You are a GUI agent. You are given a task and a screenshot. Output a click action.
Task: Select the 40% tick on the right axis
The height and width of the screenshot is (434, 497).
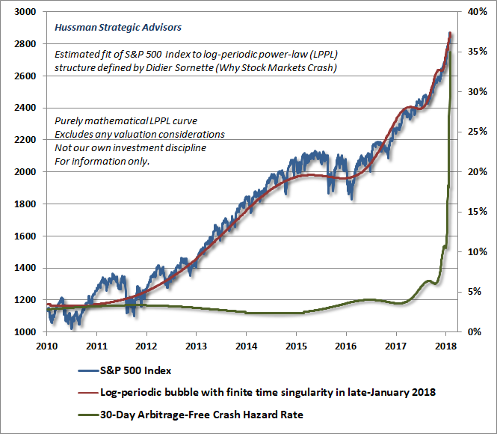click(478, 13)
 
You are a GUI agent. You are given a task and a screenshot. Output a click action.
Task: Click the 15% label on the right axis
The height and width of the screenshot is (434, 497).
click(478, 212)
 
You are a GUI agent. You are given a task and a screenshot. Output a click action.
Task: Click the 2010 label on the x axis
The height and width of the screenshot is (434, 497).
click(47, 346)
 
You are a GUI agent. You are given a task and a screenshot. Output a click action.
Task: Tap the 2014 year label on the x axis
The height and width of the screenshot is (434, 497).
click(246, 346)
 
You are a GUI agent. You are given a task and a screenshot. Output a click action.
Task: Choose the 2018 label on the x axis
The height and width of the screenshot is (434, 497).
click(446, 346)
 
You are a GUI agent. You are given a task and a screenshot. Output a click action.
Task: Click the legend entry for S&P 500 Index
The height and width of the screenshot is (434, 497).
click(139, 370)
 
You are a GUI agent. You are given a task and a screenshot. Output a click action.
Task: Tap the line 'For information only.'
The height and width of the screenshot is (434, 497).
click(102, 161)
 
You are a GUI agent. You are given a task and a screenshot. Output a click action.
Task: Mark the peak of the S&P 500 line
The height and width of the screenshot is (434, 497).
click(449, 33)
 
